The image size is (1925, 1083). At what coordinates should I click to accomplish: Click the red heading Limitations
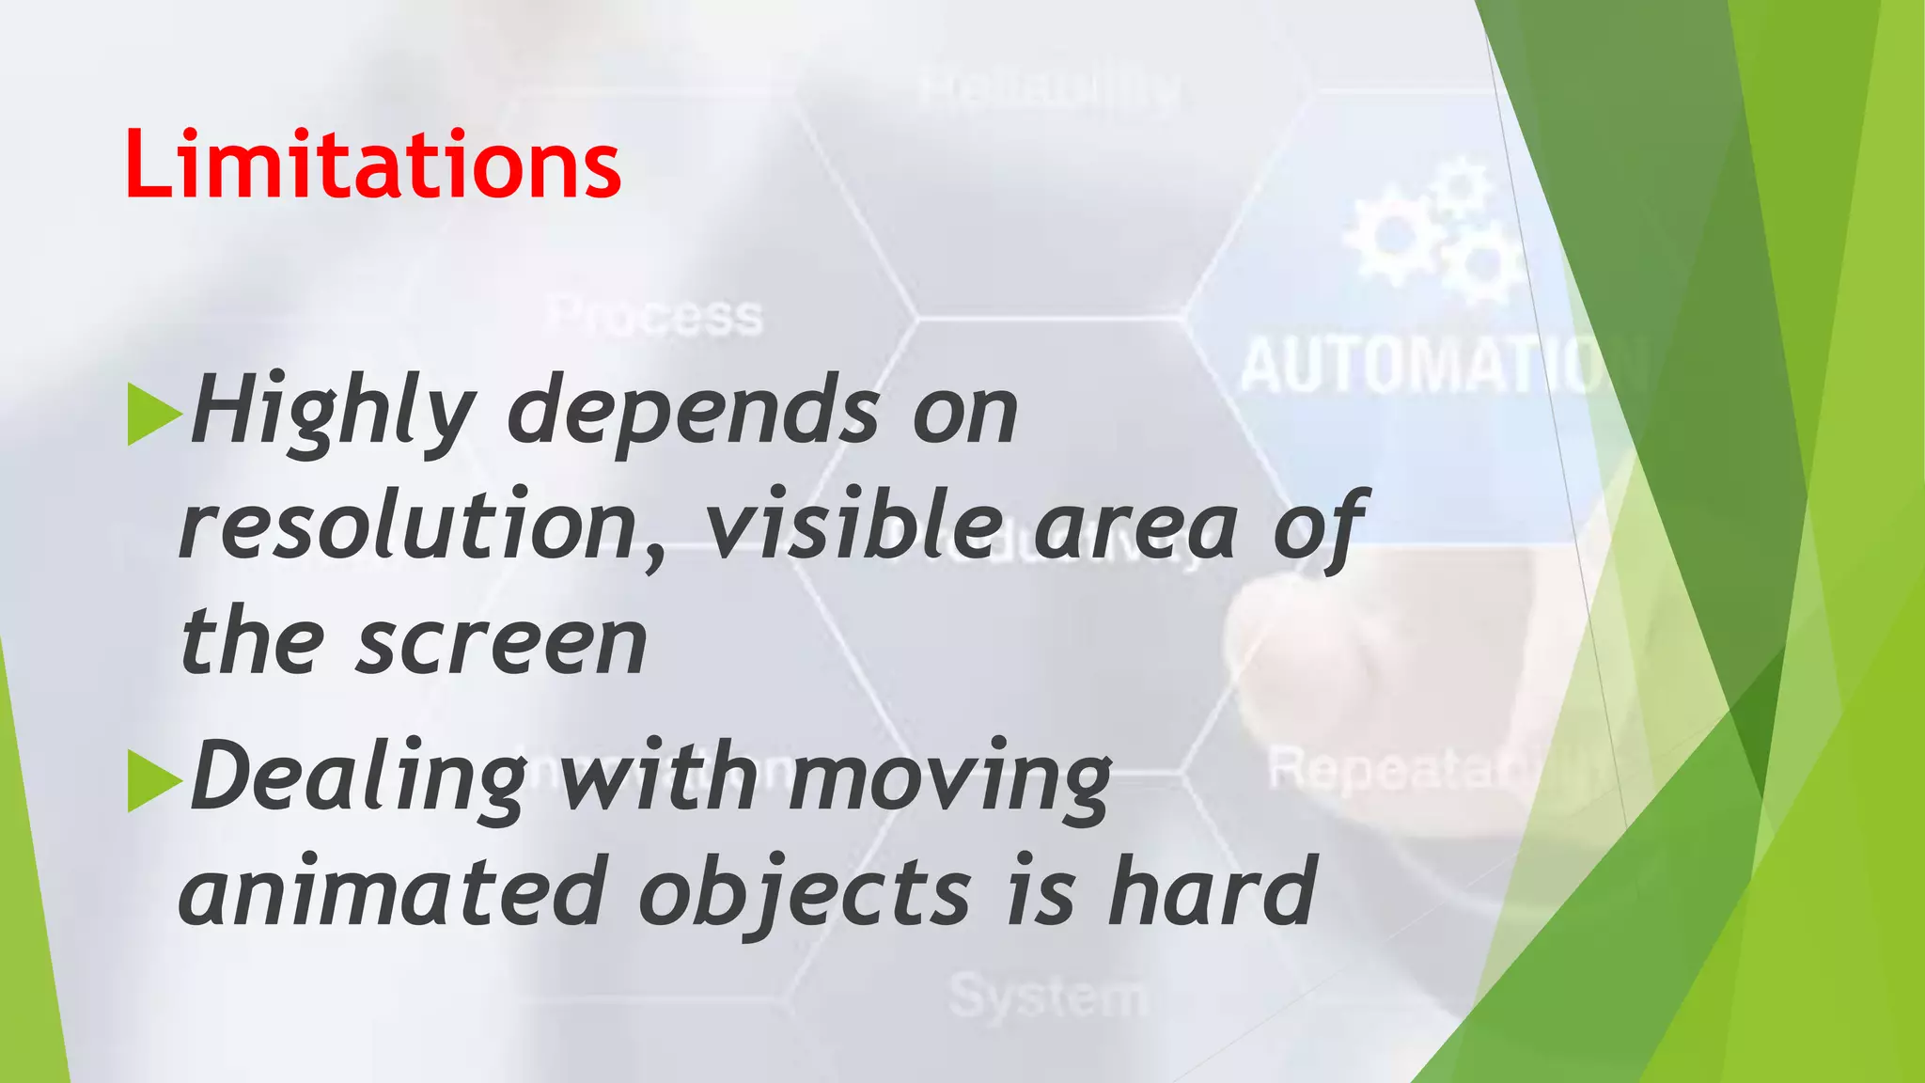click(x=372, y=165)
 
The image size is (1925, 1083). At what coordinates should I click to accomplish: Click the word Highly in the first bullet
click(x=331, y=411)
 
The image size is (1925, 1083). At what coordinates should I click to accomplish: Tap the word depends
click(x=694, y=411)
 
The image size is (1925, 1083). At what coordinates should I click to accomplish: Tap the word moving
click(x=949, y=778)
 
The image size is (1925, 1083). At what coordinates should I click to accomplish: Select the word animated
click(x=391, y=891)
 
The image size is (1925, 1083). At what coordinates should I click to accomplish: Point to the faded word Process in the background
click(x=656, y=316)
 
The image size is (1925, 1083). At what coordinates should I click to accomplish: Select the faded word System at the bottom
click(x=1047, y=996)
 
